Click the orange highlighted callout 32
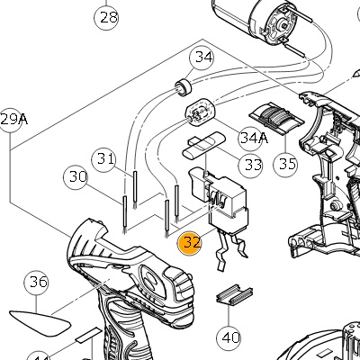click(x=190, y=243)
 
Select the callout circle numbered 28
click(x=106, y=17)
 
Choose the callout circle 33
click(x=250, y=165)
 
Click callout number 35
click(x=285, y=164)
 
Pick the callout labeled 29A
click(x=12, y=120)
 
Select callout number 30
click(x=76, y=177)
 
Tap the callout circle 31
click(x=103, y=159)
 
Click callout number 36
click(x=36, y=283)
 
